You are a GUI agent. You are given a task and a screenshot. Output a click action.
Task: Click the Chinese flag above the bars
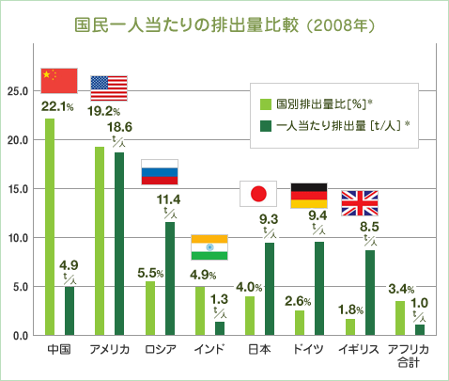[x=59, y=81]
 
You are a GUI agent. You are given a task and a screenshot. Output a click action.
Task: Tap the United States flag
[x=109, y=87]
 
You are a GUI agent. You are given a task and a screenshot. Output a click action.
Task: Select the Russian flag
[x=159, y=172]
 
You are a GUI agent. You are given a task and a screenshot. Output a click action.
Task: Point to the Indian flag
[x=209, y=246]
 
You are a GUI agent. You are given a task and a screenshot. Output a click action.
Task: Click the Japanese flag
[x=259, y=194]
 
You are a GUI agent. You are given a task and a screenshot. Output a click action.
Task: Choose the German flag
[x=309, y=195]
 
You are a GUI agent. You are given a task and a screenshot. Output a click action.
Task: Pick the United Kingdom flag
[x=359, y=202]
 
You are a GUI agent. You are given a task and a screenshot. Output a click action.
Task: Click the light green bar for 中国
[x=50, y=227]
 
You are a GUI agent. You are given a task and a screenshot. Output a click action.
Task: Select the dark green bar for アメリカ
[x=119, y=244]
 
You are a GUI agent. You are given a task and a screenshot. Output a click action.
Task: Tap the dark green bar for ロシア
[x=169, y=278]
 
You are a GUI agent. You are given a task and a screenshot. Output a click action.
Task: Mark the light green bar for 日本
[x=250, y=315]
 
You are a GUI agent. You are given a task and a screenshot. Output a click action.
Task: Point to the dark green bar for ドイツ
[x=319, y=288]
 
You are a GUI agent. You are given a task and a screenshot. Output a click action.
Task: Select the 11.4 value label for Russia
[x=168, y=199]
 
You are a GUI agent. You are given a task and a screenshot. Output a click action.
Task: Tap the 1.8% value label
[x=349, y=308]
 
